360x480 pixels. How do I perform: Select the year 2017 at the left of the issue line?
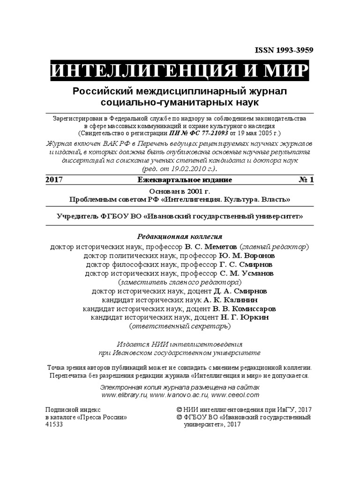coord(54,180)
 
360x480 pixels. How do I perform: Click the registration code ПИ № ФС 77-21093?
coord(196,133)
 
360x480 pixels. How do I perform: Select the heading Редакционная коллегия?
coord(179,236)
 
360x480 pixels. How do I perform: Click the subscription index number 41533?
coord(54,424)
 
